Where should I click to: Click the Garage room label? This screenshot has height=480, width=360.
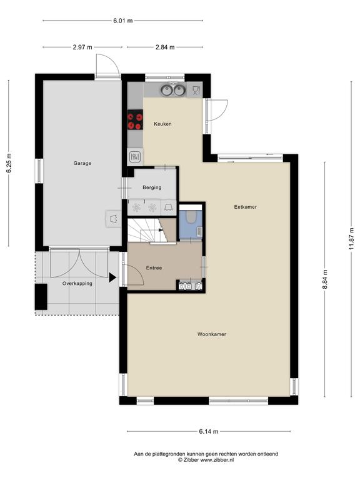coord(82,163)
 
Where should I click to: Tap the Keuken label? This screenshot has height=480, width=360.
coord(162,124)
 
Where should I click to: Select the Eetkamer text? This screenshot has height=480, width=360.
coord(245,207)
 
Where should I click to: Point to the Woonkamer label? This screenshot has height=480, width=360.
coord(212,334)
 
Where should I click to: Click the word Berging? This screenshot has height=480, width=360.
coord(152,187)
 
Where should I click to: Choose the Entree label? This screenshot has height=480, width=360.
coord(154,268)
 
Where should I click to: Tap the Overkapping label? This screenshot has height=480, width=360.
coord(77,284)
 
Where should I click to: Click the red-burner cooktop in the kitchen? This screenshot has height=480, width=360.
coord(135,120)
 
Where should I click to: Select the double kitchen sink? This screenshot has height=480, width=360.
coord(173,90)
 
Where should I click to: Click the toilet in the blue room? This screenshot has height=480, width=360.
coord(191,216)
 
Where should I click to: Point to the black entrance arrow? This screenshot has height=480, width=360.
coord(112,277)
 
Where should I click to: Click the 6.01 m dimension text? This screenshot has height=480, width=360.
coord(122,21)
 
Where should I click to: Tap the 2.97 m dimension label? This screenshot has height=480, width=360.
coord(82,47)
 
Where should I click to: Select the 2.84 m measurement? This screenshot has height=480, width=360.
coord(165,47)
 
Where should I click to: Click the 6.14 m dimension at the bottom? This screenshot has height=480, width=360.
coord(209,432)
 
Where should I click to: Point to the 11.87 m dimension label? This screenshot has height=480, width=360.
coord(351,239)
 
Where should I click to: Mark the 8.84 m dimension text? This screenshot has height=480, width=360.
coord(325,279)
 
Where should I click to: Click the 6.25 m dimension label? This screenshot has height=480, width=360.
coord(9,163)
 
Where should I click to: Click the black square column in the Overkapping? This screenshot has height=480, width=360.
coord(41,297)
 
